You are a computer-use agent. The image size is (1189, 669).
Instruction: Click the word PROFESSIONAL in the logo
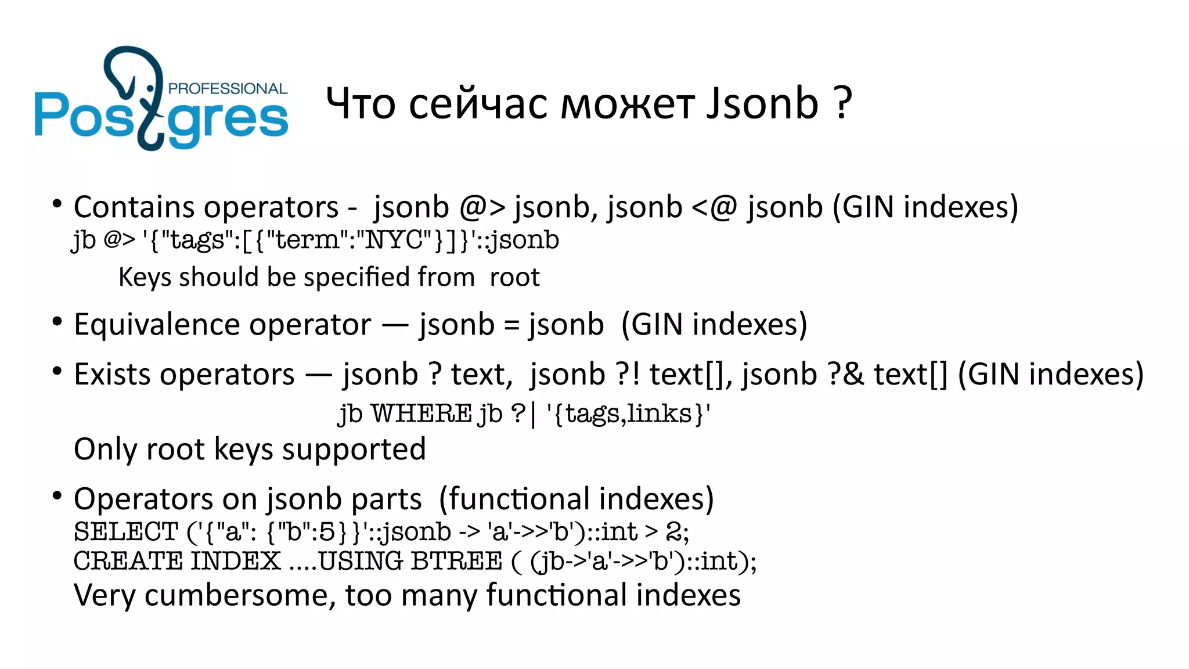(228, 89)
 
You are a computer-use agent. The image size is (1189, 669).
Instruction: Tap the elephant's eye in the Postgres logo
(150, 88)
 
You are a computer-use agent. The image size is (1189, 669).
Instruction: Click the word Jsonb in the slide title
(762, 103)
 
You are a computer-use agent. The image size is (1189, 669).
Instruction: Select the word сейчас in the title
(478, 103)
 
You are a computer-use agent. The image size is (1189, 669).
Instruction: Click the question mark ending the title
(843, 103)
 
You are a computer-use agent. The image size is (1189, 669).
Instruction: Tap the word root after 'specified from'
(514, 277)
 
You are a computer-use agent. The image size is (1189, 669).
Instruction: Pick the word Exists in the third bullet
(109, 375)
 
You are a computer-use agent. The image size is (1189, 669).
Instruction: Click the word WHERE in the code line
(421, 414)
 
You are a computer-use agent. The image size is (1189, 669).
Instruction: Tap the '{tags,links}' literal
(629, 414)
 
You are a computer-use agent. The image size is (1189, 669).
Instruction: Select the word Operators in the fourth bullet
(143, 499)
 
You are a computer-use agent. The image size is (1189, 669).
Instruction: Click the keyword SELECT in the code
(125, 531)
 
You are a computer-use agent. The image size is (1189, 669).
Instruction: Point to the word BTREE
(456, 561)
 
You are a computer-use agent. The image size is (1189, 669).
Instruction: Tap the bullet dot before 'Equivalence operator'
(57, 321)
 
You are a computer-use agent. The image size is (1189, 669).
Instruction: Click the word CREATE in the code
(128, 561)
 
